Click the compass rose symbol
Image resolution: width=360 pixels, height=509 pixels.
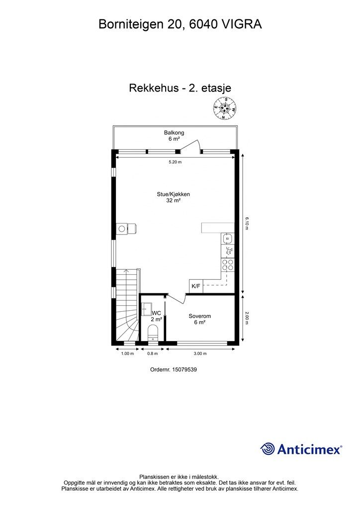click(x=224, y=109)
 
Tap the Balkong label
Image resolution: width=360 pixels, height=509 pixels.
click(x=174, y=132)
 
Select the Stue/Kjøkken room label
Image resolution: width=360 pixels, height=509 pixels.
click(x=174, y=194)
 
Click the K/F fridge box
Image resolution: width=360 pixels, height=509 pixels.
click(x=196, y=286)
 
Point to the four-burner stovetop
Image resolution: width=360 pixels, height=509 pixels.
click(x=227, y=265)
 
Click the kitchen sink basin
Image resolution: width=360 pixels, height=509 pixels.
click(x=228, y=239)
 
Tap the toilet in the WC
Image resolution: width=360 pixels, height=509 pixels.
click(x=153, y=333)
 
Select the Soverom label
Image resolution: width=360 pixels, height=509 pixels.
click(x=200, y=316)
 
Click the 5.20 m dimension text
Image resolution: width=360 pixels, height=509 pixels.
click(x=176, y=162)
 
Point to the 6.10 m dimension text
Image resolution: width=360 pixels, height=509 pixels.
click(x=247, y=223)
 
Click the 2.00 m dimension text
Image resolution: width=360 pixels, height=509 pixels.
click(x=247, y=318)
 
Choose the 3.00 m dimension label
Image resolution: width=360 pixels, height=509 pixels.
click(x=200, y=353)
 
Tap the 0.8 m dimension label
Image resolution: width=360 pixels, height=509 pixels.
click(x=153, y=353)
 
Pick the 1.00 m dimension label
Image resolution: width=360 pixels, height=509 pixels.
click(x=128, y=353)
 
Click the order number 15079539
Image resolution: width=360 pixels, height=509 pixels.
click(x=184, y=369)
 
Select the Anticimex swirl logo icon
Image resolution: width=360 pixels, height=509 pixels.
click(x=268, y=449)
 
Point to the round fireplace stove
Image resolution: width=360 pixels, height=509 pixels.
click(x=122, y=229)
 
